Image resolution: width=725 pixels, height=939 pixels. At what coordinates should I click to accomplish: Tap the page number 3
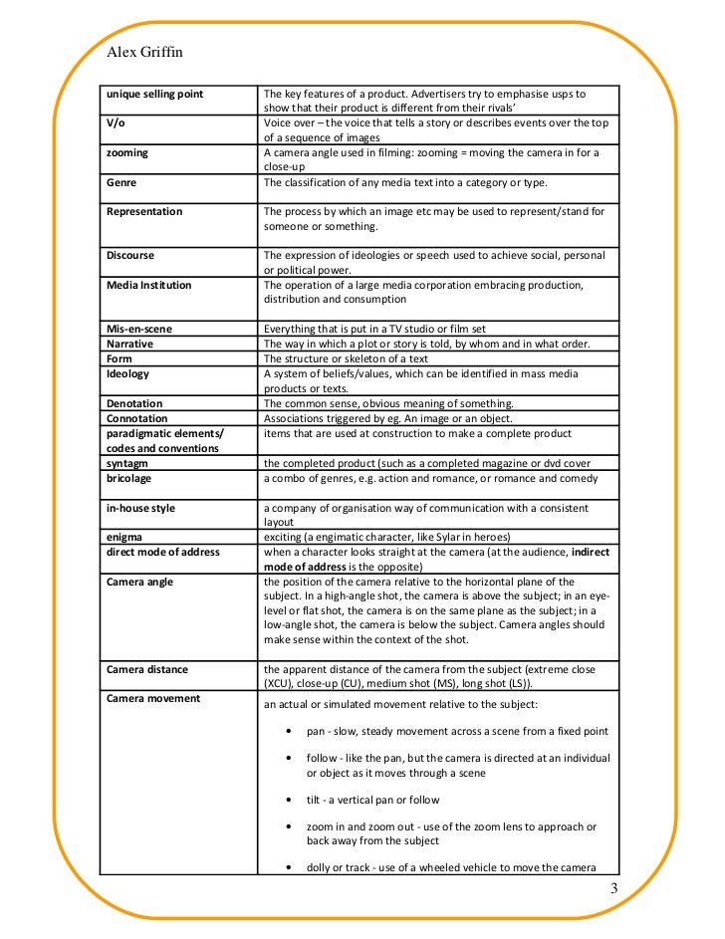point(613,889)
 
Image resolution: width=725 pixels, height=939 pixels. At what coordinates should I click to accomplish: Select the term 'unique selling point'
point(154,94)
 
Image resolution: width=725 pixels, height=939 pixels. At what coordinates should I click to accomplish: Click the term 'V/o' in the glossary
point(116,123)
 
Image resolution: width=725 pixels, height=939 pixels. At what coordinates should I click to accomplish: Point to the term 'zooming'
point(127,153)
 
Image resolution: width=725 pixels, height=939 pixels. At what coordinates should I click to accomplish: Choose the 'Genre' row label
point(121,183)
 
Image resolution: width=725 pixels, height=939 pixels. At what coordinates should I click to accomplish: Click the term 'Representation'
point(144,211)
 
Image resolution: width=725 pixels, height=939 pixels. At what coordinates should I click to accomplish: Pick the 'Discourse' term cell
point(130,255)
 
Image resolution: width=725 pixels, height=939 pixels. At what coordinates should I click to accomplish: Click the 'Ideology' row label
point(127,373)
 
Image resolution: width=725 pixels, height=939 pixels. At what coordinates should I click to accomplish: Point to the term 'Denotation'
point(134,403)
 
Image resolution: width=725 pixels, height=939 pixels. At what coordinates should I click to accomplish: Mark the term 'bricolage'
point(129,478)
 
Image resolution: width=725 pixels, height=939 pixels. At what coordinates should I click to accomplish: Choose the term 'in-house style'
point(140,508)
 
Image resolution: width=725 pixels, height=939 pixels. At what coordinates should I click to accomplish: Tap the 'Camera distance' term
point(147,669)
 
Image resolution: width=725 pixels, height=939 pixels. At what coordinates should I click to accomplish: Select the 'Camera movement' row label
point(153,698)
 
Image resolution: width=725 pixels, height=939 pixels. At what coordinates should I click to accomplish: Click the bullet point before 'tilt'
point(288,800)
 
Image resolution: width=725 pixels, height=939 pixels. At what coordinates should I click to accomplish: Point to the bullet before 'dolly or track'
point(288,867)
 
